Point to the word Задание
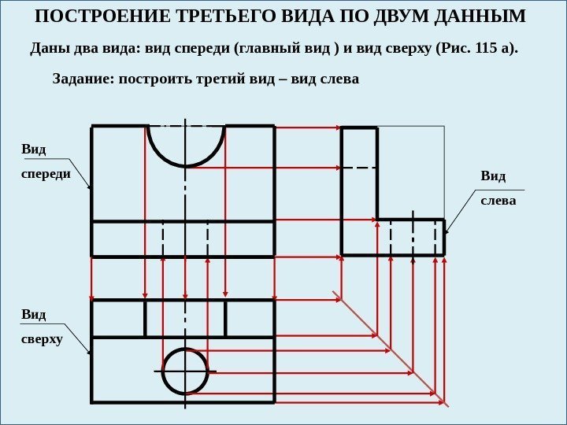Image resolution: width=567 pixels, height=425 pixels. pos(82,79)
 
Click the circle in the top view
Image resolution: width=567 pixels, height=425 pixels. pos(185,371)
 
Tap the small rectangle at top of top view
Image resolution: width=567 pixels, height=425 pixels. pos(185,318)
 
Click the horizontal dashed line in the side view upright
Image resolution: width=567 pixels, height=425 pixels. pos(359,168)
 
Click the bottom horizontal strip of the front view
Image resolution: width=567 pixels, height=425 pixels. pos(183,238)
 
